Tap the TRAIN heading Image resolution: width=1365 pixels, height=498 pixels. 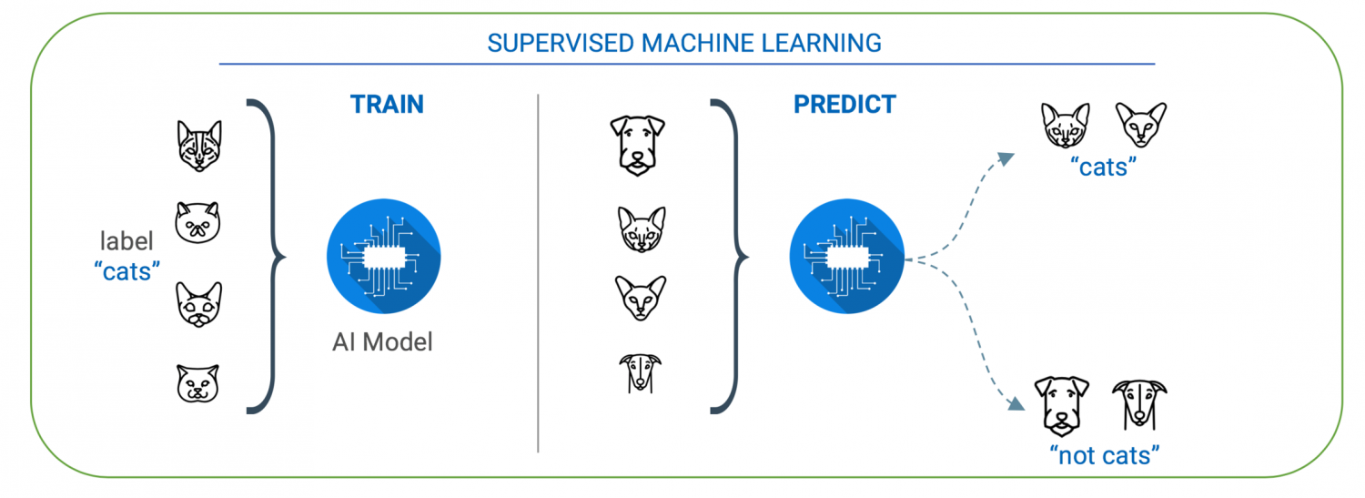coord(387,104)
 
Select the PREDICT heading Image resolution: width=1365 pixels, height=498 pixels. coord(844,104)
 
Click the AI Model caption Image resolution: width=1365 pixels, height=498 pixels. coord(382,342)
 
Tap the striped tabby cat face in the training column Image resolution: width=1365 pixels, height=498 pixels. coord(198,146)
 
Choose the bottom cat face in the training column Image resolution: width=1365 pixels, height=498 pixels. coord(198,383)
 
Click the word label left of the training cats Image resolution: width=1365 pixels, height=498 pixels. coord(126,241)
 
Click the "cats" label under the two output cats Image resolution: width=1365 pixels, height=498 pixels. coord(1103,167)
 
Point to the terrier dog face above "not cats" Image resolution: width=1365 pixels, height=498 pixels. coord(1063,405)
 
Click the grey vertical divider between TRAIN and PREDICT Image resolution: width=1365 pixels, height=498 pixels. coord(538,273)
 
